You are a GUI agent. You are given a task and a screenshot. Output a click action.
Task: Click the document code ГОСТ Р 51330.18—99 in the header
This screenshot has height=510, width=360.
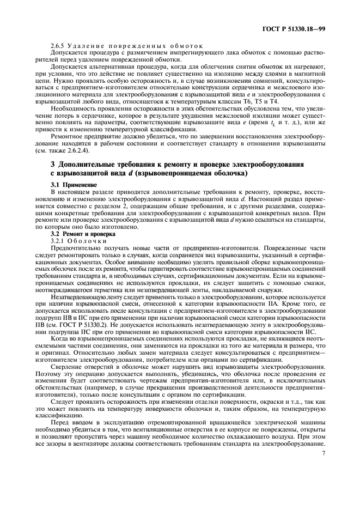point(295,27)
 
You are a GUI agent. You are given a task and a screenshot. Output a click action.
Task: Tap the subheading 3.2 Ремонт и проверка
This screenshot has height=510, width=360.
point(79,233)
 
